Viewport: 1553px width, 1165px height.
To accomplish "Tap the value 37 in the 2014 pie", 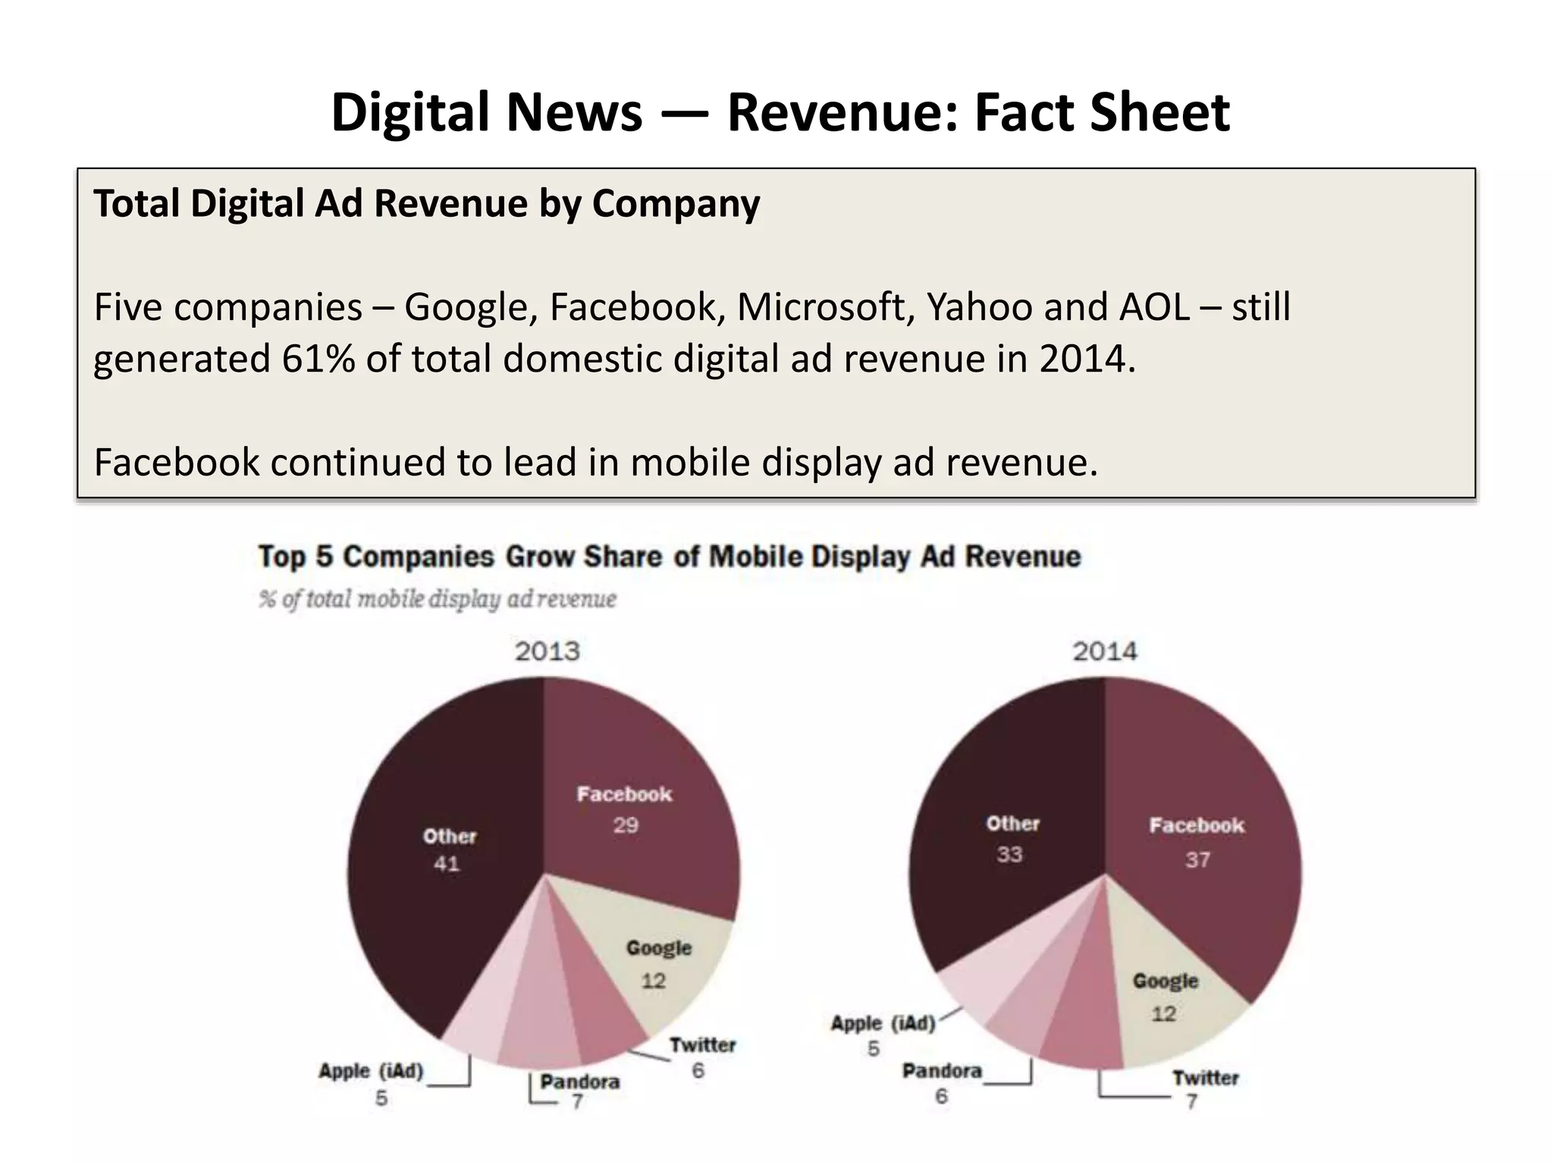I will coord(1197,859).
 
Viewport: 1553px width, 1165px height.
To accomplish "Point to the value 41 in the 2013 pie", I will coord(447,863).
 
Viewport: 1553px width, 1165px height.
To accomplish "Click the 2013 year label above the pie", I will coord(547,651).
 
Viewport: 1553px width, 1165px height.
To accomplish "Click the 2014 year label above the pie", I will coord(1104,651).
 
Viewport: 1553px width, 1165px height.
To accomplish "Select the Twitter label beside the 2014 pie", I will coord(1205,1077).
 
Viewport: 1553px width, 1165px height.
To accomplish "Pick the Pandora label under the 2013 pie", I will coord(579,1081).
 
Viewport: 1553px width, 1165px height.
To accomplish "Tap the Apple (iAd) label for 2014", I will coord(883,1023).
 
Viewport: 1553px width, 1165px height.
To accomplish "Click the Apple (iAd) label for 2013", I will coord(370,1070).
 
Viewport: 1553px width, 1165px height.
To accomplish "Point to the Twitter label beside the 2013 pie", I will coord(702,1044).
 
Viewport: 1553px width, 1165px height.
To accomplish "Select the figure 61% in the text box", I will coord(318,358).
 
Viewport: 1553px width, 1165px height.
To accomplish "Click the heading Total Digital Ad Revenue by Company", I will coord(426,203).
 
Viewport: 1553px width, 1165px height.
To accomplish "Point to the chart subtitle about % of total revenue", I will coord(438,599).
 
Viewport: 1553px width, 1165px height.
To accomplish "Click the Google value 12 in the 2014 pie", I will coord(1163,1013).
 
